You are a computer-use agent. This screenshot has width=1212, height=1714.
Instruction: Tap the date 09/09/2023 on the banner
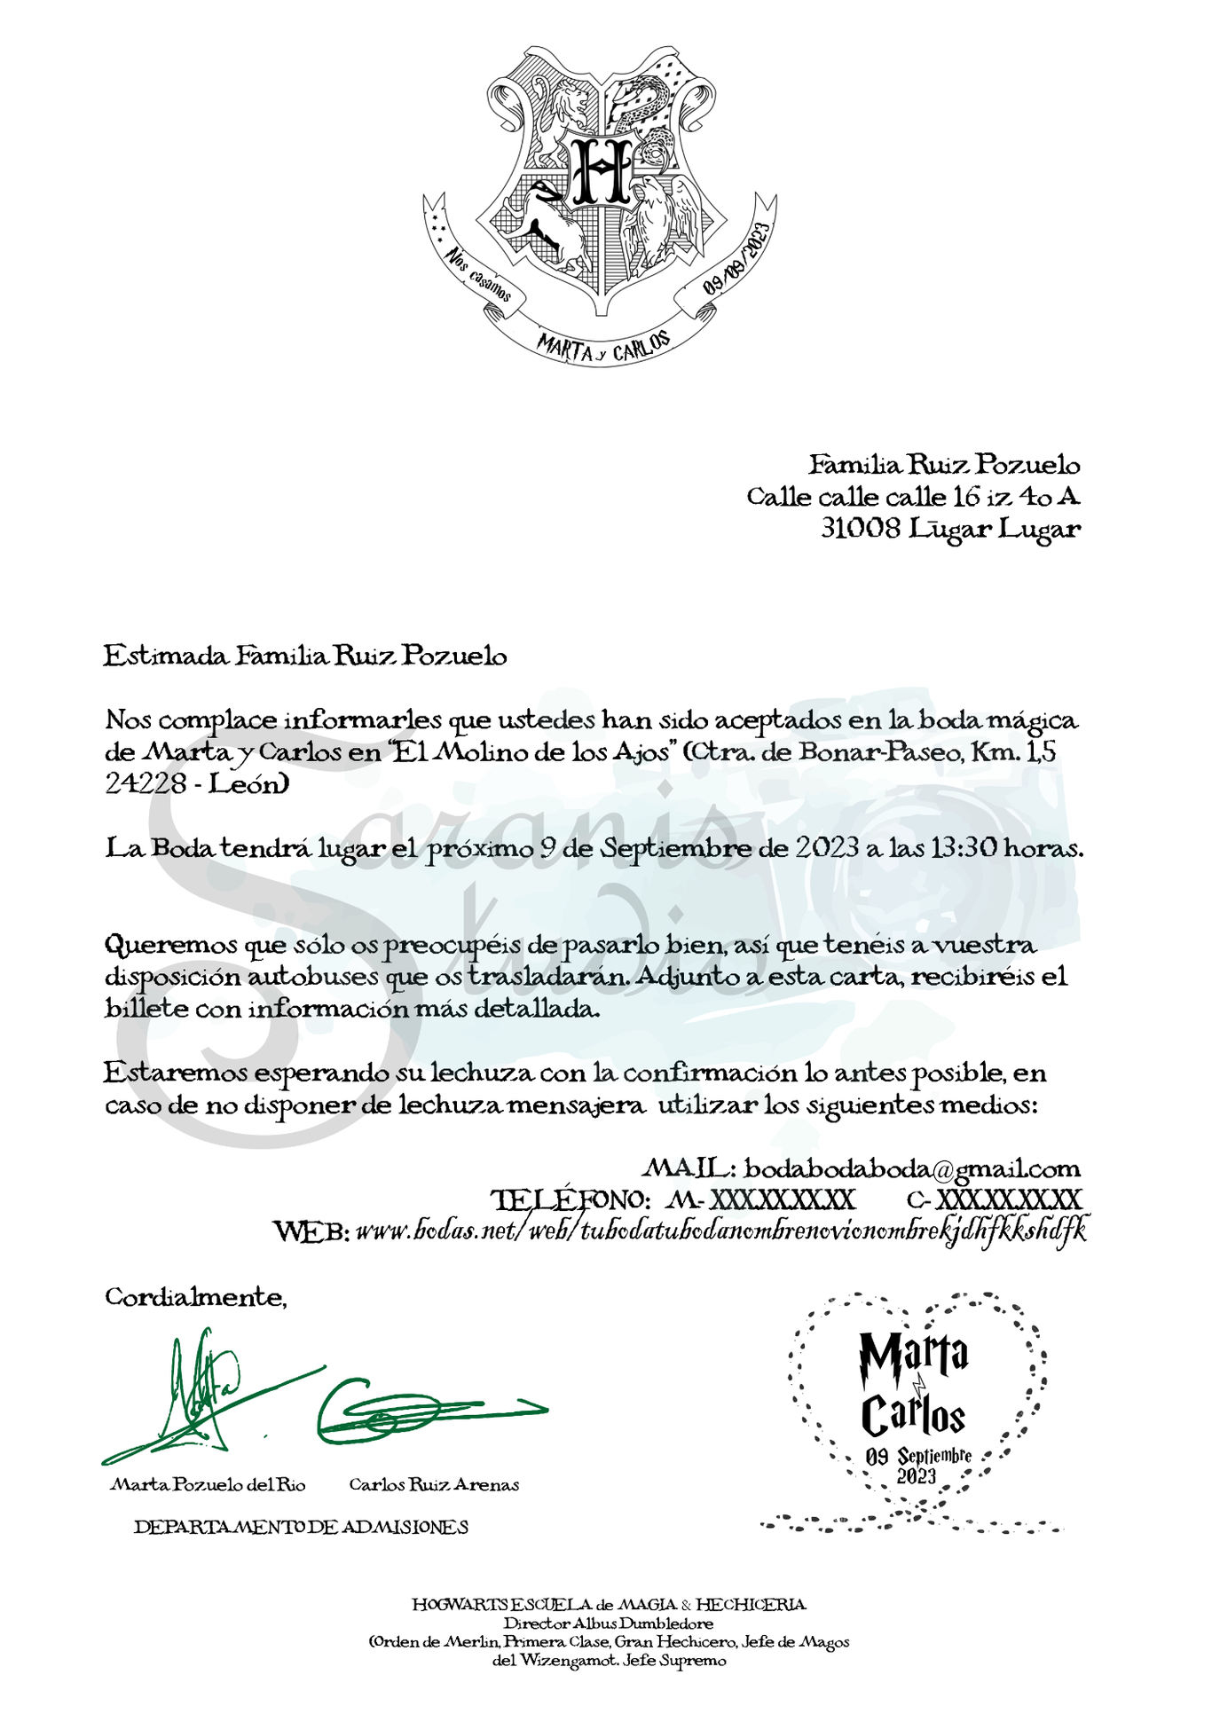click(x=736, y=258)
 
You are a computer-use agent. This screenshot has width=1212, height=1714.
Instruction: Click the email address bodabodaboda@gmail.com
click(x=911, y=1168)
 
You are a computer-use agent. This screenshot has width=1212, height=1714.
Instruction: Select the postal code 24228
click(x=146, y=784)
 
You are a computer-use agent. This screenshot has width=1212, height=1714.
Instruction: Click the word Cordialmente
click(x=195, y=1297)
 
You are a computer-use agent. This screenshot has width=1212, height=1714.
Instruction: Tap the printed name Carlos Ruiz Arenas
click(x=434, y=1485)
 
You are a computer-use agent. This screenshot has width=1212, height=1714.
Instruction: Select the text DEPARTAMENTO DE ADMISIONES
click(x=301, y=1527)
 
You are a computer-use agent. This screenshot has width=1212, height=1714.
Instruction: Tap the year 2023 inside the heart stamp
click(x=916, y=1477)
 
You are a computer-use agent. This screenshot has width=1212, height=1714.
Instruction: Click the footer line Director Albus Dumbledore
click(x=609, y=1624)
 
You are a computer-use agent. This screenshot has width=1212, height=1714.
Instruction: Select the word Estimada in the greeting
click(x=167, y=657)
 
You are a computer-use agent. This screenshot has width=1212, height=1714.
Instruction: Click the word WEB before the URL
click(x=311, y=1231)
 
